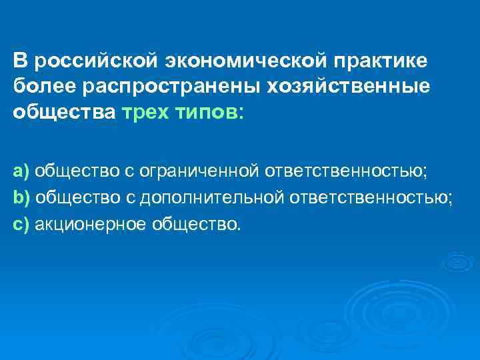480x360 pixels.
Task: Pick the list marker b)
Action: pos(21,197)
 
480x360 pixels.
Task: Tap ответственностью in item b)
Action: pos(372,198)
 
